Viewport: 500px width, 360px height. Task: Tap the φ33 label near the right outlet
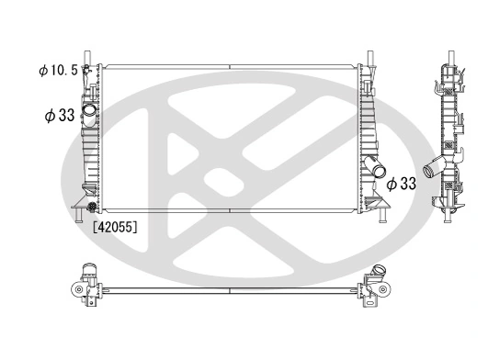tap(401, 184)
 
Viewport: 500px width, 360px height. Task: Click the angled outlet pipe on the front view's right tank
tap(377, 168)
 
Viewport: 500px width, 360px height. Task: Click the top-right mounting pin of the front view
tap(369, 57)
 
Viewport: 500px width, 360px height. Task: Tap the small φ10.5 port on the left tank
tap(87, 69)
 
